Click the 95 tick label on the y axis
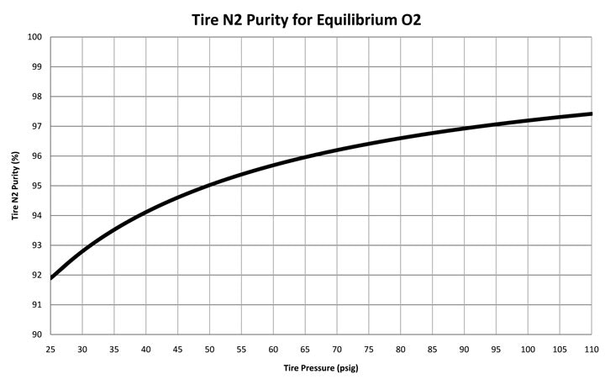tap(36, 186)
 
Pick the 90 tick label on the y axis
tap(36, 334)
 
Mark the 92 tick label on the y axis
tap(36, 275)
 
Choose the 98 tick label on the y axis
tap(36, 97)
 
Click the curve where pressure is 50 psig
tap(210, 184)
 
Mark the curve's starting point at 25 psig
tap(51, 277)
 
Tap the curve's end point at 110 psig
tap(592, 113)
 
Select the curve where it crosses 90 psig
tap(465, 129)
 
